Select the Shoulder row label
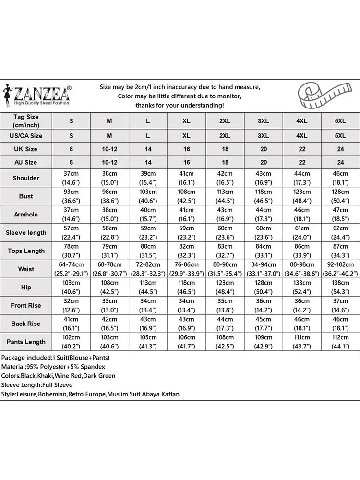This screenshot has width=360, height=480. coord(26,178)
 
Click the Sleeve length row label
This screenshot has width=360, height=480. coord(26,233)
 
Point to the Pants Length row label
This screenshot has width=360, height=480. coord(26,342)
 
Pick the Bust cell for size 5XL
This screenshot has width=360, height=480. coord(340,196)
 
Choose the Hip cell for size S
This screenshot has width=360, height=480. coord(72,288)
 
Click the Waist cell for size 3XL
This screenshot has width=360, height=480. coord(264,269)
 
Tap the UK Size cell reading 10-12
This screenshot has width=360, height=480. coord(109,149)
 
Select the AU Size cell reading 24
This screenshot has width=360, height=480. coord(340,163)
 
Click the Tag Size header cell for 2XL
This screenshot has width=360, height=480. coord(225,121)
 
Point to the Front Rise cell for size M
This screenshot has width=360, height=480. coord(109,306)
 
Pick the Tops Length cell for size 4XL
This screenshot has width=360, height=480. coord(302,251)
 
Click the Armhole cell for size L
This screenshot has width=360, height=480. coord(148,215)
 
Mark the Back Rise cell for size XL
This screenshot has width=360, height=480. coord(186,324)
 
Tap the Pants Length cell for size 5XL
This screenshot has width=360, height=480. coord(340,342)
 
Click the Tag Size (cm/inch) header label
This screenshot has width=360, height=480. coord(26,121)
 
